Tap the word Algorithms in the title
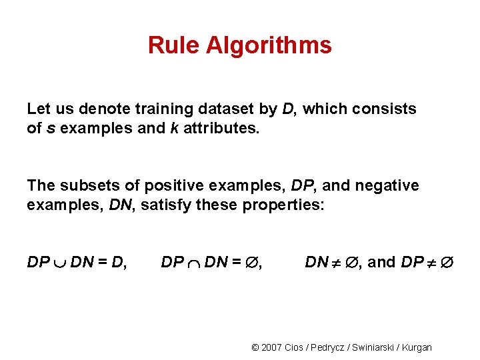pos(269,46)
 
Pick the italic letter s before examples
pos(50,128)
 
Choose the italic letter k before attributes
pos(173,128)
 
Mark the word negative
pos(387,185)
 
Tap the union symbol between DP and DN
pos(60,263)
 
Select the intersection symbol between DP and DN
pos(194,263)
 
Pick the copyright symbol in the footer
pos(255,347)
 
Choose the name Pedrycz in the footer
pos(329,347)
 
